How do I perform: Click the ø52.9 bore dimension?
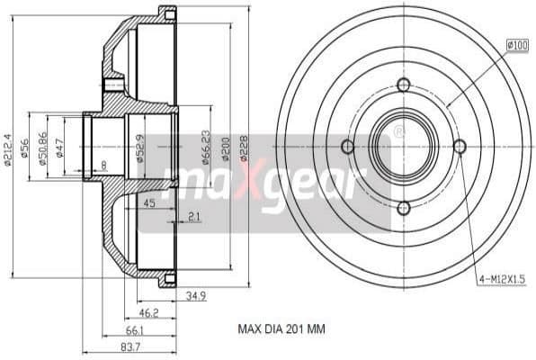(x=139, y=146)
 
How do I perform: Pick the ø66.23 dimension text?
(x=208, y=146)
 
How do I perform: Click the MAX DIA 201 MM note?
(x=280, y=330)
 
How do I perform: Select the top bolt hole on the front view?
(x=403, y=85)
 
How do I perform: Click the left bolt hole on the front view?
(x=347, y=147)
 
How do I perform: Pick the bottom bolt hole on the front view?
(x=403, y=208)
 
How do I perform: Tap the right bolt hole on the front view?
(x=460, y=147)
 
